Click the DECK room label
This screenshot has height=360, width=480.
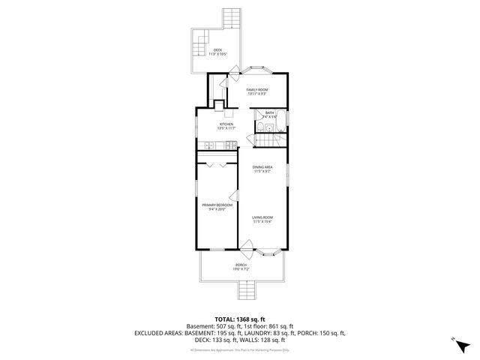point(217,50)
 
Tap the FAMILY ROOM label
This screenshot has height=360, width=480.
point(257,89)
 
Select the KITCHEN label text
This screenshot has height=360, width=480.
point(226,124)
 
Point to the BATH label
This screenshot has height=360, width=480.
point(269,112)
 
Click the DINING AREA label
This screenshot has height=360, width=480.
point(262,167)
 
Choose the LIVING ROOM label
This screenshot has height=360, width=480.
point(262,217)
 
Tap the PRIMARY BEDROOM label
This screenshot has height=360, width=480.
point(217,205)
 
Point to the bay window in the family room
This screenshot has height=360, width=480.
point(259,69)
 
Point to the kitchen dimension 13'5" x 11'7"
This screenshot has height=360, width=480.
point(226,128)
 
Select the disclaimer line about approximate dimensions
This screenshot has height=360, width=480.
point(240,349)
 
